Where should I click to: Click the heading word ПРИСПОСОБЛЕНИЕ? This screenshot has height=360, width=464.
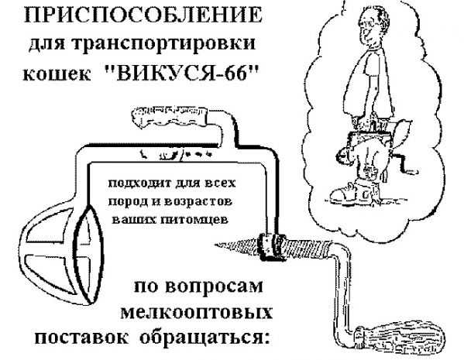pos(143,15)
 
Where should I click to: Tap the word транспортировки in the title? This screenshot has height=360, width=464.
pos(163,45)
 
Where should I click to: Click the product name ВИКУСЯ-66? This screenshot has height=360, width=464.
pos(182,73)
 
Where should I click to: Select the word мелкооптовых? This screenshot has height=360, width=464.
pos(197,312)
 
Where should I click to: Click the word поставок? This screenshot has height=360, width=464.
pos(81,338)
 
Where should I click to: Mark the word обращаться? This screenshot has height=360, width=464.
pos(205,338)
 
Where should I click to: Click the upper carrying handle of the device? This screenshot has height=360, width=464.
pos(170,117)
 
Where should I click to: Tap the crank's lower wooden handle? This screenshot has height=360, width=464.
pos(400,338)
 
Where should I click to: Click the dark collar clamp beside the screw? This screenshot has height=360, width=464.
pos(272,247)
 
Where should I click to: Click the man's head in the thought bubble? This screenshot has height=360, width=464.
pos(373,24)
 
